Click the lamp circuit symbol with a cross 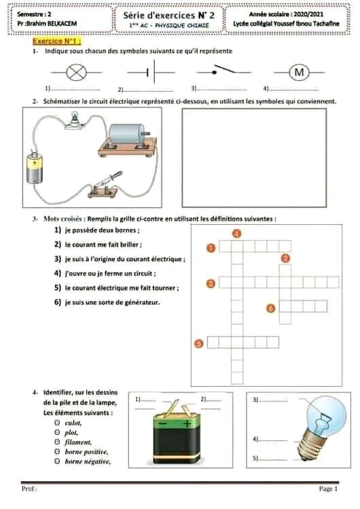(77, 73)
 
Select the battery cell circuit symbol (151, 73)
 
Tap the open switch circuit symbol (223, 71)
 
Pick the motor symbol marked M (299, 72)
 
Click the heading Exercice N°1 (56, 41)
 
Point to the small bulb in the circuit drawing (75, 120)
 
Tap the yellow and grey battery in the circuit (35, 167)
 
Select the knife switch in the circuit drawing (105, 186)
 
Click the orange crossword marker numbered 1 (211, 248)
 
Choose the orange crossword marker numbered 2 (285, 258)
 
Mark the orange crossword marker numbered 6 (270, 308)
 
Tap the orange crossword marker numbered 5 (198, 343)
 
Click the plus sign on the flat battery (187, 423)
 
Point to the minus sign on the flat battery (163, 424)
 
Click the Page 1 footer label (328, 489)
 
